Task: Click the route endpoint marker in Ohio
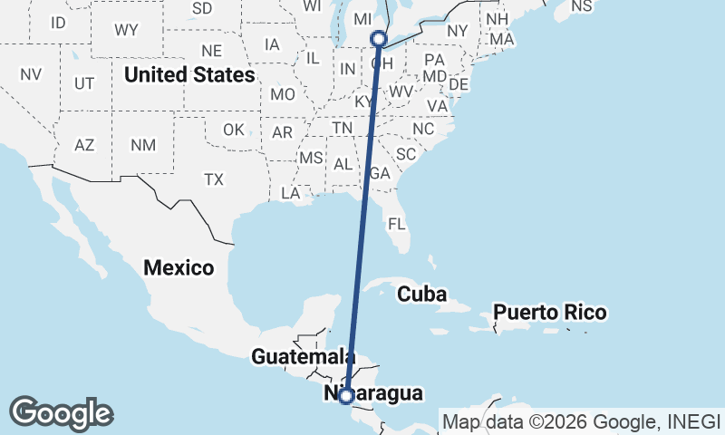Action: point(379,39)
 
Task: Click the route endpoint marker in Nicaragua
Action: point(345,395)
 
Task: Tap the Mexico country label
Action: point(179,267)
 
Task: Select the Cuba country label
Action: point(422,294)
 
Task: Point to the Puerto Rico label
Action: point(549,313)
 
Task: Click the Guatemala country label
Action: point(302,356)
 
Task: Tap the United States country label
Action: point(189,73)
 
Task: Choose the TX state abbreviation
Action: point(214,179)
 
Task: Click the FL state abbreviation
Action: point(396,223)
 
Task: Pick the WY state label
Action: point(126,30)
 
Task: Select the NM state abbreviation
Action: point(142,145)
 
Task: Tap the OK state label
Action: point(234,130)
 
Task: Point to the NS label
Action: point(581,6)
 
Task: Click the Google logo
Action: point(61,412)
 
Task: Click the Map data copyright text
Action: point(580,421)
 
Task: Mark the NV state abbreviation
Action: point(31,74)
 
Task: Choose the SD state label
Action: point(202,8)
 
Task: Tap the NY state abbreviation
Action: point(457,30)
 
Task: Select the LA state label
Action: point(291,193)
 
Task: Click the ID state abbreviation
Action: point(58,22)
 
